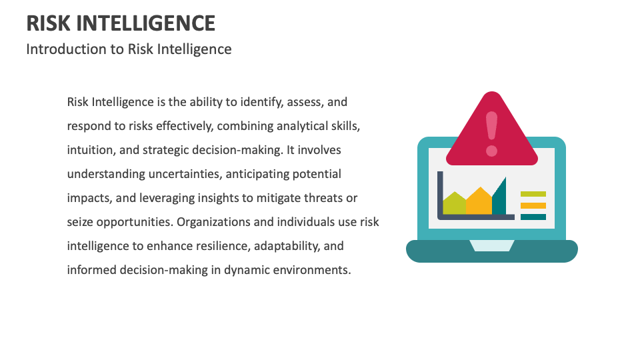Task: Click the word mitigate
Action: point(307,198)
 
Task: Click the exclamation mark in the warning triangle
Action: point(492,133)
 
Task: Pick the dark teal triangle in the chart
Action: point(500,199)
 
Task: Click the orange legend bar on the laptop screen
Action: point(533,205)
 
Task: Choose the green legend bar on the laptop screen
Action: point(533,194)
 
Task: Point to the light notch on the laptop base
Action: point(492,245)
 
